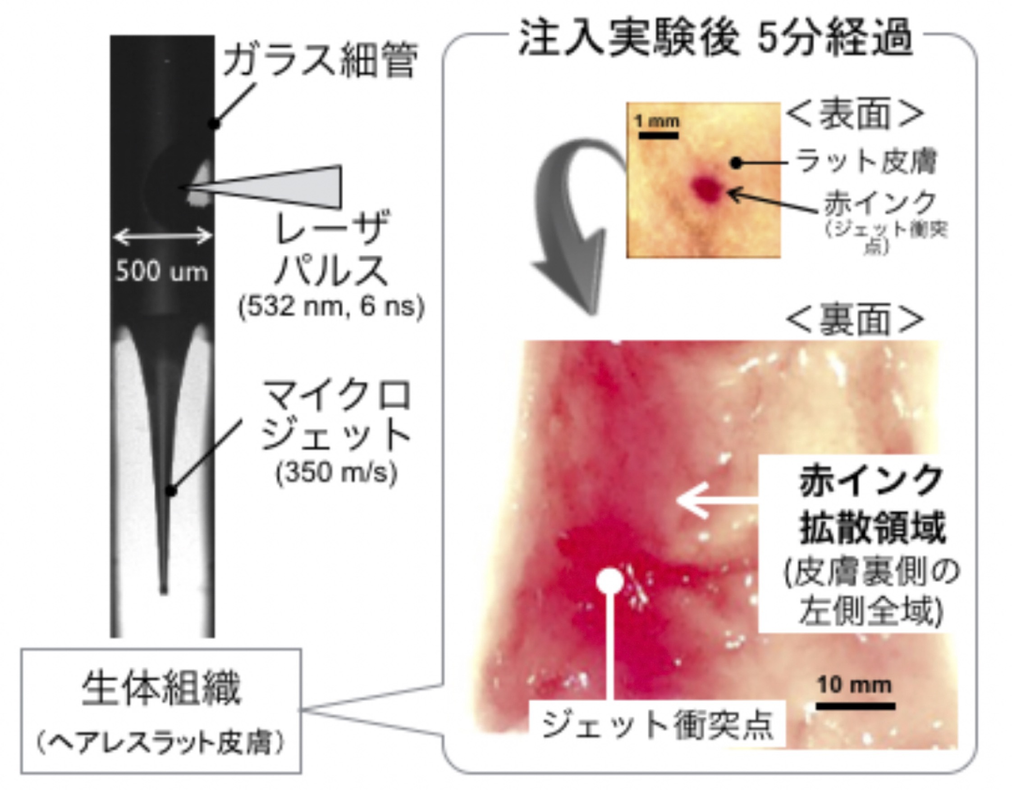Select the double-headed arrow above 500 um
click(163, 237)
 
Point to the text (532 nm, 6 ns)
click(331, 307)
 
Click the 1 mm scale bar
click(658, 136)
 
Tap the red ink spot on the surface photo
click(706, 187)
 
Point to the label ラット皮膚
click(865, 162)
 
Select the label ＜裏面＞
click(855, 319)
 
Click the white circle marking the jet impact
click(610, 581)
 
